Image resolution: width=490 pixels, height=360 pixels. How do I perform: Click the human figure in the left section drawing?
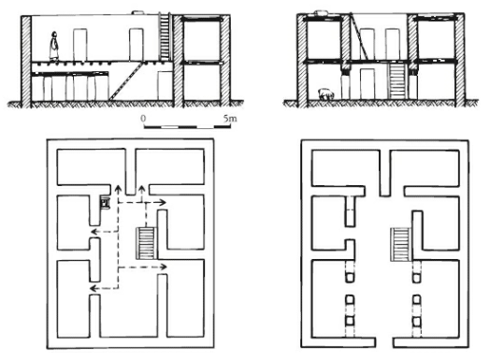54,47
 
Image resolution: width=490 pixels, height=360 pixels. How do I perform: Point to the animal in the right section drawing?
325,94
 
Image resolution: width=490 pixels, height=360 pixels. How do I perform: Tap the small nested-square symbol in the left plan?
105,202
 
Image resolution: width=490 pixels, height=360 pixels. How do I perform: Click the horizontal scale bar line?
187,127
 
